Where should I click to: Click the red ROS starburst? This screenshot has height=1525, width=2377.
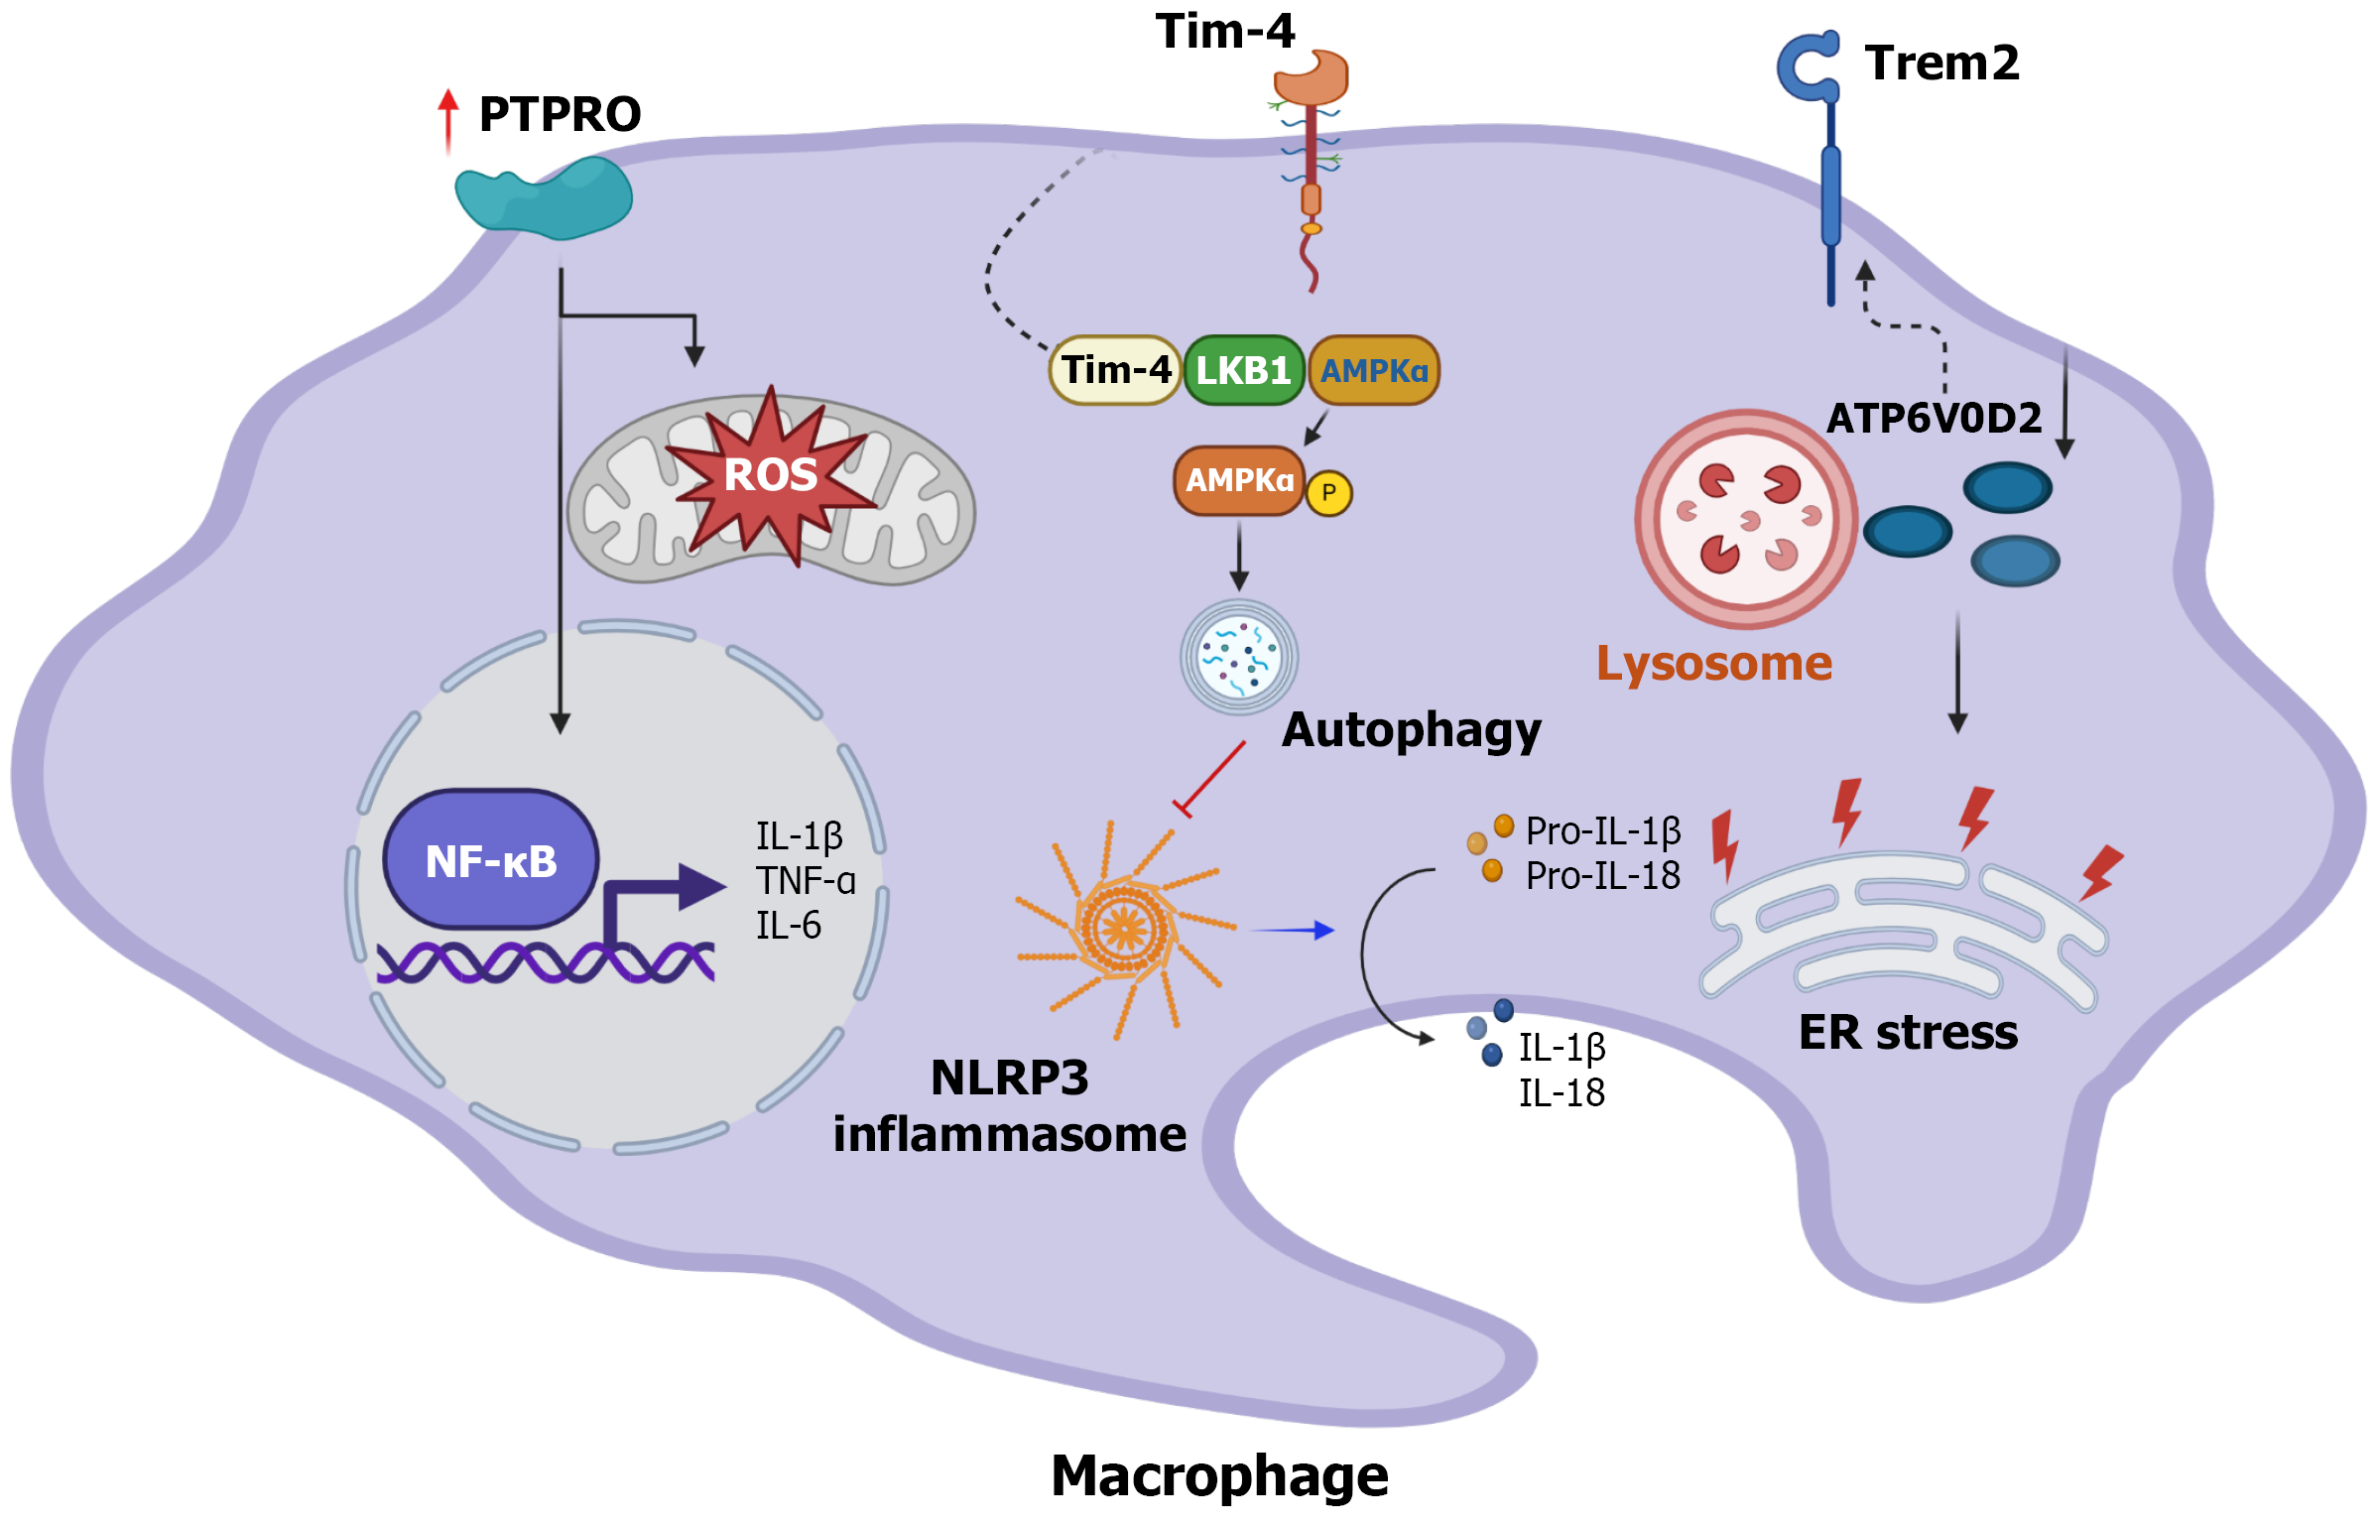pos(770,475)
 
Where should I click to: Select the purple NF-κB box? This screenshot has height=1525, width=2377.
pos(491,860)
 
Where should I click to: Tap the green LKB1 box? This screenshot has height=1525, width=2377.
pos(1243,370)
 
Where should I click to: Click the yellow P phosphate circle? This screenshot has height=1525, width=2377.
pos(1328,493)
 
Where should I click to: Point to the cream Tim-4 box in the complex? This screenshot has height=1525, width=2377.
pos(1116,370)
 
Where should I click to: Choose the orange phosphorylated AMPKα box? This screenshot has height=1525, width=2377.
pos(1239,480)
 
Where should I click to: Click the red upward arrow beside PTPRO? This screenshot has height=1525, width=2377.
pos(448,119)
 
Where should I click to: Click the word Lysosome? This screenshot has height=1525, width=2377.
pos(1713,663)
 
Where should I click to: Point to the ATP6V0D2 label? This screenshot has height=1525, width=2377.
pos(1934,418)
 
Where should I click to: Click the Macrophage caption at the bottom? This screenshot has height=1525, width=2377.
pos(1219,1475)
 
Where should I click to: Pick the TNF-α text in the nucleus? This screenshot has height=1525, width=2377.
pos(805,880)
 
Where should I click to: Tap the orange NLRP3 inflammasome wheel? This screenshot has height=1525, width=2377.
pos(1125,928)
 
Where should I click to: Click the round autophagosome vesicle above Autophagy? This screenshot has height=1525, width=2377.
pos(1238,657)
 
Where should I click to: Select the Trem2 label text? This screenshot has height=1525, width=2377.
pos(1941,63)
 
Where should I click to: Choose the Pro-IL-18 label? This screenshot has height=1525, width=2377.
pos(1602,875)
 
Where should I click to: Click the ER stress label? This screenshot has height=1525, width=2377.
pos(1908,1032)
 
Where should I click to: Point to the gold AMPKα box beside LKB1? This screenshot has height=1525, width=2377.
pos(1374,370)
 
